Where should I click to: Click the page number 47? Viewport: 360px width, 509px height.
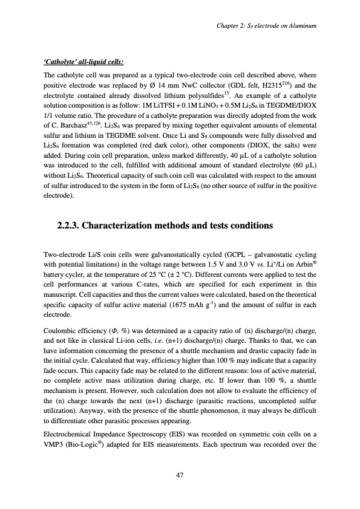point(179,475)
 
